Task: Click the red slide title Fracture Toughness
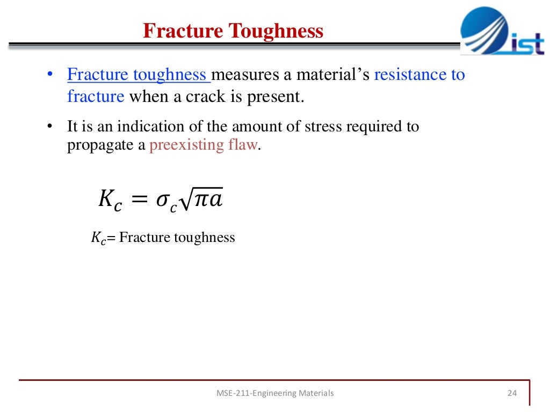(233, 31)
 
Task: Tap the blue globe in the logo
(484, 30)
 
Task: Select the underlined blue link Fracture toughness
(138, 75)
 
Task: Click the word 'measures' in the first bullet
(247, 75)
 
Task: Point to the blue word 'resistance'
(410, 75)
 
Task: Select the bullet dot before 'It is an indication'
(49, 127)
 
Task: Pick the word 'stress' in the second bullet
(323, 127)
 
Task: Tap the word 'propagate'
(100, 145)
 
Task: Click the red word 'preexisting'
(182, 145)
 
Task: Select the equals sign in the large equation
(139, 199)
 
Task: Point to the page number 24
(511, 393)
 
